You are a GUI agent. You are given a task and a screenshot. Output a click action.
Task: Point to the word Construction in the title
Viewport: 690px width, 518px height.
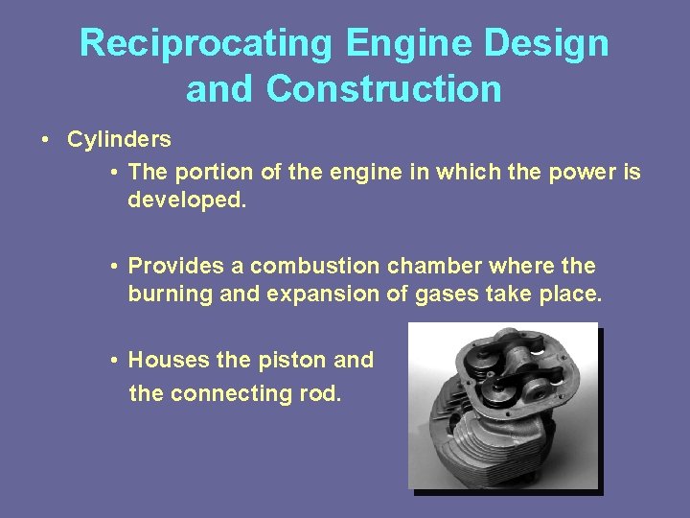coord(383,89)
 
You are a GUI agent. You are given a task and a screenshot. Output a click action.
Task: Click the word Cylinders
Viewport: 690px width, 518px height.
coord(119,139)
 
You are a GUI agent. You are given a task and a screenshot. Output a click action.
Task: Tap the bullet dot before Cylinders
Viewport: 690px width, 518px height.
coord(46,140)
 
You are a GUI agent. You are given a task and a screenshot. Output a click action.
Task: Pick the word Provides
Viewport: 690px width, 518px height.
coord(172,266)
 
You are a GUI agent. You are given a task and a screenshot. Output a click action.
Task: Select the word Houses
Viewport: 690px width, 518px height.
coord(170,360)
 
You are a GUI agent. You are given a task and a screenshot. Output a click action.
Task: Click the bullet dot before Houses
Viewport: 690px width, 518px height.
coord(113,361)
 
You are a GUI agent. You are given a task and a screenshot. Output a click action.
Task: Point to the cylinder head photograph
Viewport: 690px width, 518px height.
coord(503,408)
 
